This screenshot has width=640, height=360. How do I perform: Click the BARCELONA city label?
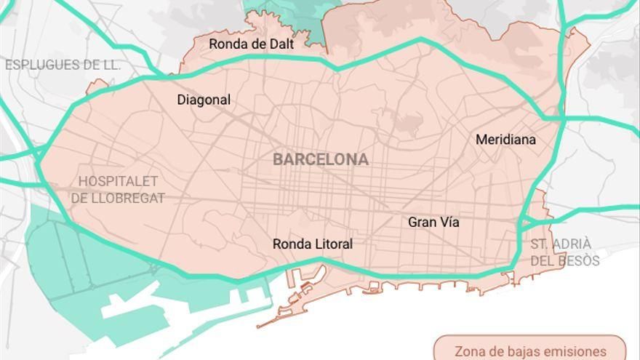click(321, 159)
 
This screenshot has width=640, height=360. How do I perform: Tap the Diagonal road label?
click(204, 100)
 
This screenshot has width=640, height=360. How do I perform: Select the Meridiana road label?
click(505, 140)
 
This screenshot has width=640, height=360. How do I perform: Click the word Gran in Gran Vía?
click(422, 223)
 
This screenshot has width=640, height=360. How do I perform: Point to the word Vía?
click(449, 223)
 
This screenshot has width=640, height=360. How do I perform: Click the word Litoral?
click(332, 244)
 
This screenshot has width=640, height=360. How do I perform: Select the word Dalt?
click(279, 44)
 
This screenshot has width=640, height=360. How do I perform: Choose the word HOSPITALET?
click(118, 181)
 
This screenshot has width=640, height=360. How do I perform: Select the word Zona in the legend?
click(469, 351)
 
